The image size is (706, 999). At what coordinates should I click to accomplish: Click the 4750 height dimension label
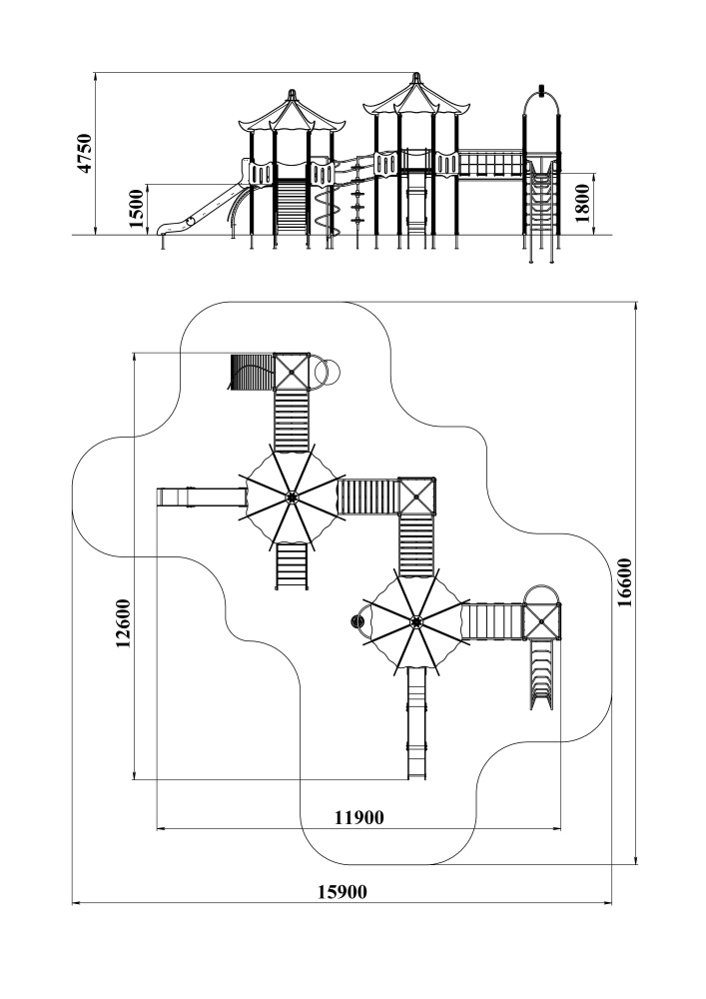[x=85, y=153]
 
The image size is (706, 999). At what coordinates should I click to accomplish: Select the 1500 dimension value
[x=137, y=209]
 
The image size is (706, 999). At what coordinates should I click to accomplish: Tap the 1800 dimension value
[x=583, y=204]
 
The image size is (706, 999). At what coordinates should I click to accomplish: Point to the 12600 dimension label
[x=124, y=623]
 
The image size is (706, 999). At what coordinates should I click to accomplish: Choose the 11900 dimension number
[x=359, y=817]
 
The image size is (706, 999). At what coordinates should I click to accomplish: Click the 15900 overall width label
[x=343, y=892]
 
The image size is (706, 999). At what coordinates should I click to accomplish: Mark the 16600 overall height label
[x=625, y=582]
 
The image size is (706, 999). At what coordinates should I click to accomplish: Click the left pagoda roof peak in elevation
[x=293, y=93]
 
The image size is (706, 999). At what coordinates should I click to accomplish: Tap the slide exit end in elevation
[x=164, y=229]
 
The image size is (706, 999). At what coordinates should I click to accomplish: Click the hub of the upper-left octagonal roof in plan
[x=292, y=497]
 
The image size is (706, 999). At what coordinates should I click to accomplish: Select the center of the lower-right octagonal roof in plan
[x=415, y=619]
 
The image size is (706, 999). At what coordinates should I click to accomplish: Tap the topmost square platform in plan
[x=292, y=371]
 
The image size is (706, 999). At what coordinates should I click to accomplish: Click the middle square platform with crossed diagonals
[x=417, y=496]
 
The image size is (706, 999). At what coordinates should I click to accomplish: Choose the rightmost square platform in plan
[x=542, y=620]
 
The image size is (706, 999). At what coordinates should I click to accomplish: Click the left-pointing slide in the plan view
[x=201, y=498]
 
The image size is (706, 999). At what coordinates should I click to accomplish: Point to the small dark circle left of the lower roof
[x=355, y=620]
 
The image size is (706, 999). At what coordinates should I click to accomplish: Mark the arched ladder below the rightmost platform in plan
[x=542, y=674]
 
